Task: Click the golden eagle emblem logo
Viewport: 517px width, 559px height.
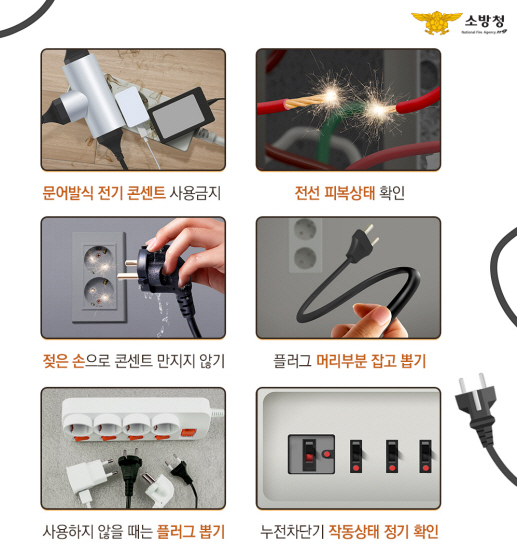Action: (436, 22)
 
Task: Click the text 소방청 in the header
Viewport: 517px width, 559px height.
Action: (485, 21)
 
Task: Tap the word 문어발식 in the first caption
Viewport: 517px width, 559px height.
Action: (68, 193)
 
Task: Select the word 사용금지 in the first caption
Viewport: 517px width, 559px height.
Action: (195, 193)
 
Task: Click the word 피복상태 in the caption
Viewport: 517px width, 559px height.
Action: (349, 193)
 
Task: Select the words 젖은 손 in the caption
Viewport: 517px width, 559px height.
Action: (64, 361)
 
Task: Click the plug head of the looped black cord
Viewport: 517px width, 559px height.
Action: (363, 243)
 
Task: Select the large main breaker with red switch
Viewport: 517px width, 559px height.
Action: (311, 454)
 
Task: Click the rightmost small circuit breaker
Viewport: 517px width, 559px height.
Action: (425, 456)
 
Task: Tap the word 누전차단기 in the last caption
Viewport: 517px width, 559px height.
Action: (292, 532)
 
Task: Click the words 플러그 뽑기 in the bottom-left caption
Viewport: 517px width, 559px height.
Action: (191, 532)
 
